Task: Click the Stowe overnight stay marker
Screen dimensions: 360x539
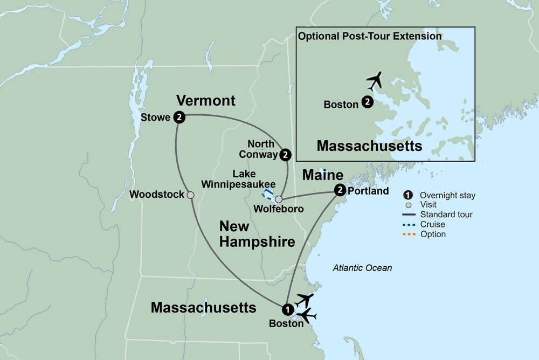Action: (x=179, y=117)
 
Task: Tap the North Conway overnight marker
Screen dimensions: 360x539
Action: (x=286, y=155)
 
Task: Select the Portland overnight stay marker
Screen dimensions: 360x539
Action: (x=340, y=190)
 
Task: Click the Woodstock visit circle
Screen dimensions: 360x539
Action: (x=190, y=195)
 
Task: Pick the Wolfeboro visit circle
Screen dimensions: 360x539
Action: (x=279, y=199)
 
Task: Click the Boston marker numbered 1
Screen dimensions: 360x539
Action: (x=287, y=309)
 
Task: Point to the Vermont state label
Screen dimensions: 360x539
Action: (x=206, y=100)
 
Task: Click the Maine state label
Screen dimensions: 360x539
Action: (x=323, y=175)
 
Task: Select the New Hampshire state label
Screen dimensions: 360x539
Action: (x=257, y=234)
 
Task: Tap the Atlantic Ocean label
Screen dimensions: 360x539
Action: (x=362, y=268)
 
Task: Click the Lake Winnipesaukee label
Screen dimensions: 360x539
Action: (x=239, y=179)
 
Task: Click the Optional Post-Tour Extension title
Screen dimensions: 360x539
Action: (x=370, y=37)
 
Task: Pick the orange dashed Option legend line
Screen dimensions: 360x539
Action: (x=409, y=234)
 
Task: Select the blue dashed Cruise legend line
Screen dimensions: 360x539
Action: (x=409, y=225)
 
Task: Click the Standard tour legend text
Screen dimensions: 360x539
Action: (x=446, y=214)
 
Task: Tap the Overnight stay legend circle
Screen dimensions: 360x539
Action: (x=409, y=195)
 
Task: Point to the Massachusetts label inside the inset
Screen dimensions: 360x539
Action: (x=369, y=146)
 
